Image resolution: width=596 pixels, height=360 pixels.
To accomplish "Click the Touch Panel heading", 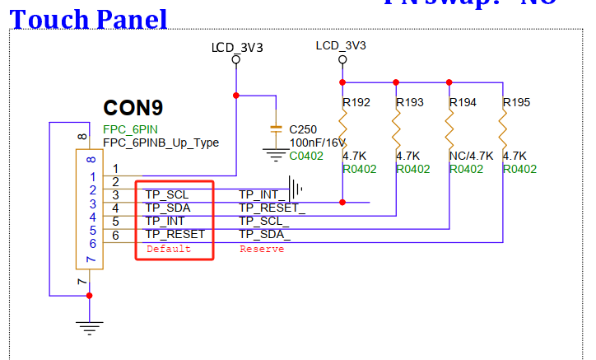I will point(88,19).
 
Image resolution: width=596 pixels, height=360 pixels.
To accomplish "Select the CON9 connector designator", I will point(133,108).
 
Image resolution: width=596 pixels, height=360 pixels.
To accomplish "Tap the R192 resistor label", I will point(356,103).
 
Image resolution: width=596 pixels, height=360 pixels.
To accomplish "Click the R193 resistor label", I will point(410,103).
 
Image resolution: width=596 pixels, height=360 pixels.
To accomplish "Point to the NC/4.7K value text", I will point(471,155).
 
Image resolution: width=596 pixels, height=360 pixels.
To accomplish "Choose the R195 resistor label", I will point(516,103).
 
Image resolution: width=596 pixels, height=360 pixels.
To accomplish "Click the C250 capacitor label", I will point(304,129).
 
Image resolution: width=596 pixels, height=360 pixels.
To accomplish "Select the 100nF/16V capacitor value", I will point(318,143).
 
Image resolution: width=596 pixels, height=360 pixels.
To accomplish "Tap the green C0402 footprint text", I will point(306,156).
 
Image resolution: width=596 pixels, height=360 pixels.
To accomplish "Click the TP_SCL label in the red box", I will point(167,194).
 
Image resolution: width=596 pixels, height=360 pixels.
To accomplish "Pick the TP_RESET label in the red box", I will point(175,234).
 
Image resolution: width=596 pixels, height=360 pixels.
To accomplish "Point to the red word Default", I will point(168,249).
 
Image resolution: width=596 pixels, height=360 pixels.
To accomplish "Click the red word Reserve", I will point(261,249).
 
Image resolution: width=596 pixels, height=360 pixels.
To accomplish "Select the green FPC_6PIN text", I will point(130,129).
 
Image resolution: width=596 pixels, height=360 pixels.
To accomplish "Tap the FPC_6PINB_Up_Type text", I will point(161,143).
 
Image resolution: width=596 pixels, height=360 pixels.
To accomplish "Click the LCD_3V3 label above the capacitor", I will point(237,48).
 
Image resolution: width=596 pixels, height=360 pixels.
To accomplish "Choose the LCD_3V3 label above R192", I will point(341,45).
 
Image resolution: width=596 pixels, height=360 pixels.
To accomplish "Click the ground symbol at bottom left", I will point(89,327).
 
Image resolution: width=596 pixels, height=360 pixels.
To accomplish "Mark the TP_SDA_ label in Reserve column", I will point(264,234).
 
